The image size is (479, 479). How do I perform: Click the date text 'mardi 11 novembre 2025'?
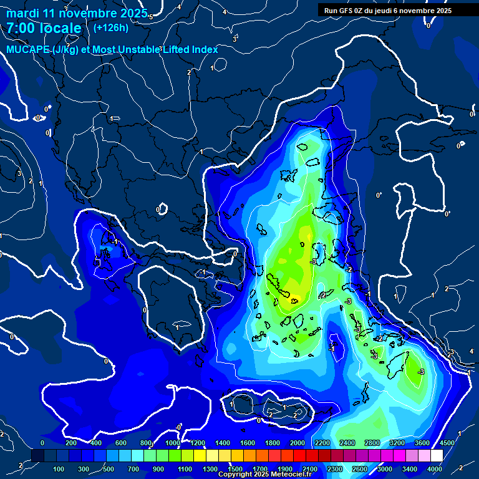77,13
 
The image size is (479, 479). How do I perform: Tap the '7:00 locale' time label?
44,28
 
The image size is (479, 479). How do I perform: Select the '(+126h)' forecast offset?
110,27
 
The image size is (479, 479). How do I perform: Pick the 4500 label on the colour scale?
447,443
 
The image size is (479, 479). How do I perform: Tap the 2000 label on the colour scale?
298,443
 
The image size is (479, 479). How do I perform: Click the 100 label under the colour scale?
59,469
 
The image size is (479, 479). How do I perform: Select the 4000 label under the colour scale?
435,469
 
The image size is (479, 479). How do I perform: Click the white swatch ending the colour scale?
437,456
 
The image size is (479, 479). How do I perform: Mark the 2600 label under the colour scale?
360,469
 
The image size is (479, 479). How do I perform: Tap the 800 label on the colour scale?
146,443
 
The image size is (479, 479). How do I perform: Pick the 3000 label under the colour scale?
385,469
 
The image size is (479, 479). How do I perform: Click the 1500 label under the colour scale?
235,469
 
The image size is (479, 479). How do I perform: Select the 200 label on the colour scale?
70,443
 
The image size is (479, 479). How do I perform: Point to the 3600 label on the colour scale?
422,443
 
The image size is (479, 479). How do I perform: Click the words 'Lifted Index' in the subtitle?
191,49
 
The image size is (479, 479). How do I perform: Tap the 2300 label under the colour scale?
335,469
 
